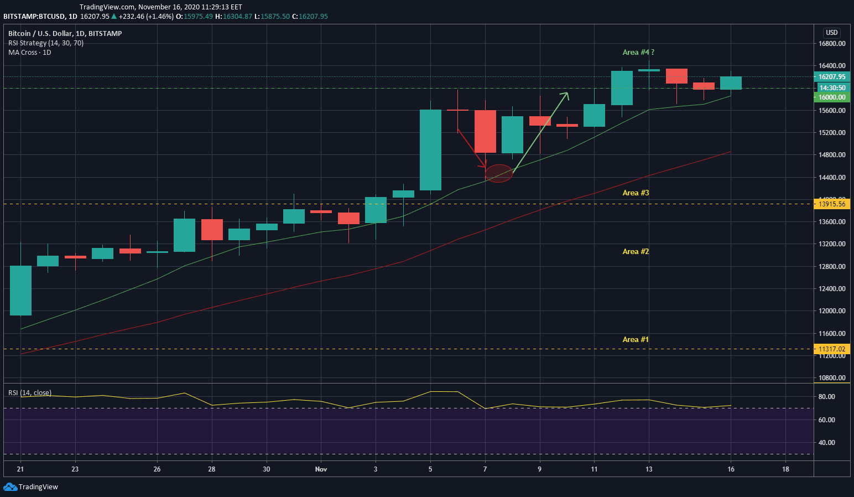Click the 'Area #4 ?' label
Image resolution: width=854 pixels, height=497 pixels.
tap(638, 52)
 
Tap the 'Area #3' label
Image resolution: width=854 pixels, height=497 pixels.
tap(636, 193)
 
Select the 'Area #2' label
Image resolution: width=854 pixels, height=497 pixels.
tap(636, 251)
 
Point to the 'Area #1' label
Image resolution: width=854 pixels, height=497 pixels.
tap(636, 339)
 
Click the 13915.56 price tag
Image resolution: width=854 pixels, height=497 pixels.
tap(832, 204)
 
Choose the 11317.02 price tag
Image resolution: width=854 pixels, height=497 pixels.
tap(832, 349)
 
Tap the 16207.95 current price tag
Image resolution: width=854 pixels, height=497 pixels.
tap(832, 77)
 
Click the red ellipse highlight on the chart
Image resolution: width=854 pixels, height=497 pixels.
tap(499, 174)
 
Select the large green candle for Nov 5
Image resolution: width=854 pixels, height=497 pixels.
tap(430, 150)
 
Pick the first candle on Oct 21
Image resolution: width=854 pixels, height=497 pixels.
tap(20, 291)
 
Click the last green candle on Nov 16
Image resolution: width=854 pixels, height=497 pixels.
tap(731, 83)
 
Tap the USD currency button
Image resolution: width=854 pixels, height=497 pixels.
tap(832, 33)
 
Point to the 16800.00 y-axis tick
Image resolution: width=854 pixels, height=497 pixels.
tap(832, 43)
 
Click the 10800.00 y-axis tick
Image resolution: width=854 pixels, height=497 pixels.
tap(832, 378)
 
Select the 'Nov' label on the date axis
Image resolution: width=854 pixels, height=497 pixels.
tap(321, 469)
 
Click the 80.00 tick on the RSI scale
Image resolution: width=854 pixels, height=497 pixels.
tap(827, 397)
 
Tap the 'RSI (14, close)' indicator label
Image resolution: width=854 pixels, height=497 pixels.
tap(30, 393)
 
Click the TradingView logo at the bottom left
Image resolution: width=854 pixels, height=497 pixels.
tap(31, 487)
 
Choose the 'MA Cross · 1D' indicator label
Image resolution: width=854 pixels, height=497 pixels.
tap(30, 53)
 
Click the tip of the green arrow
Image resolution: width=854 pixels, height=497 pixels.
tap(567, 93)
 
